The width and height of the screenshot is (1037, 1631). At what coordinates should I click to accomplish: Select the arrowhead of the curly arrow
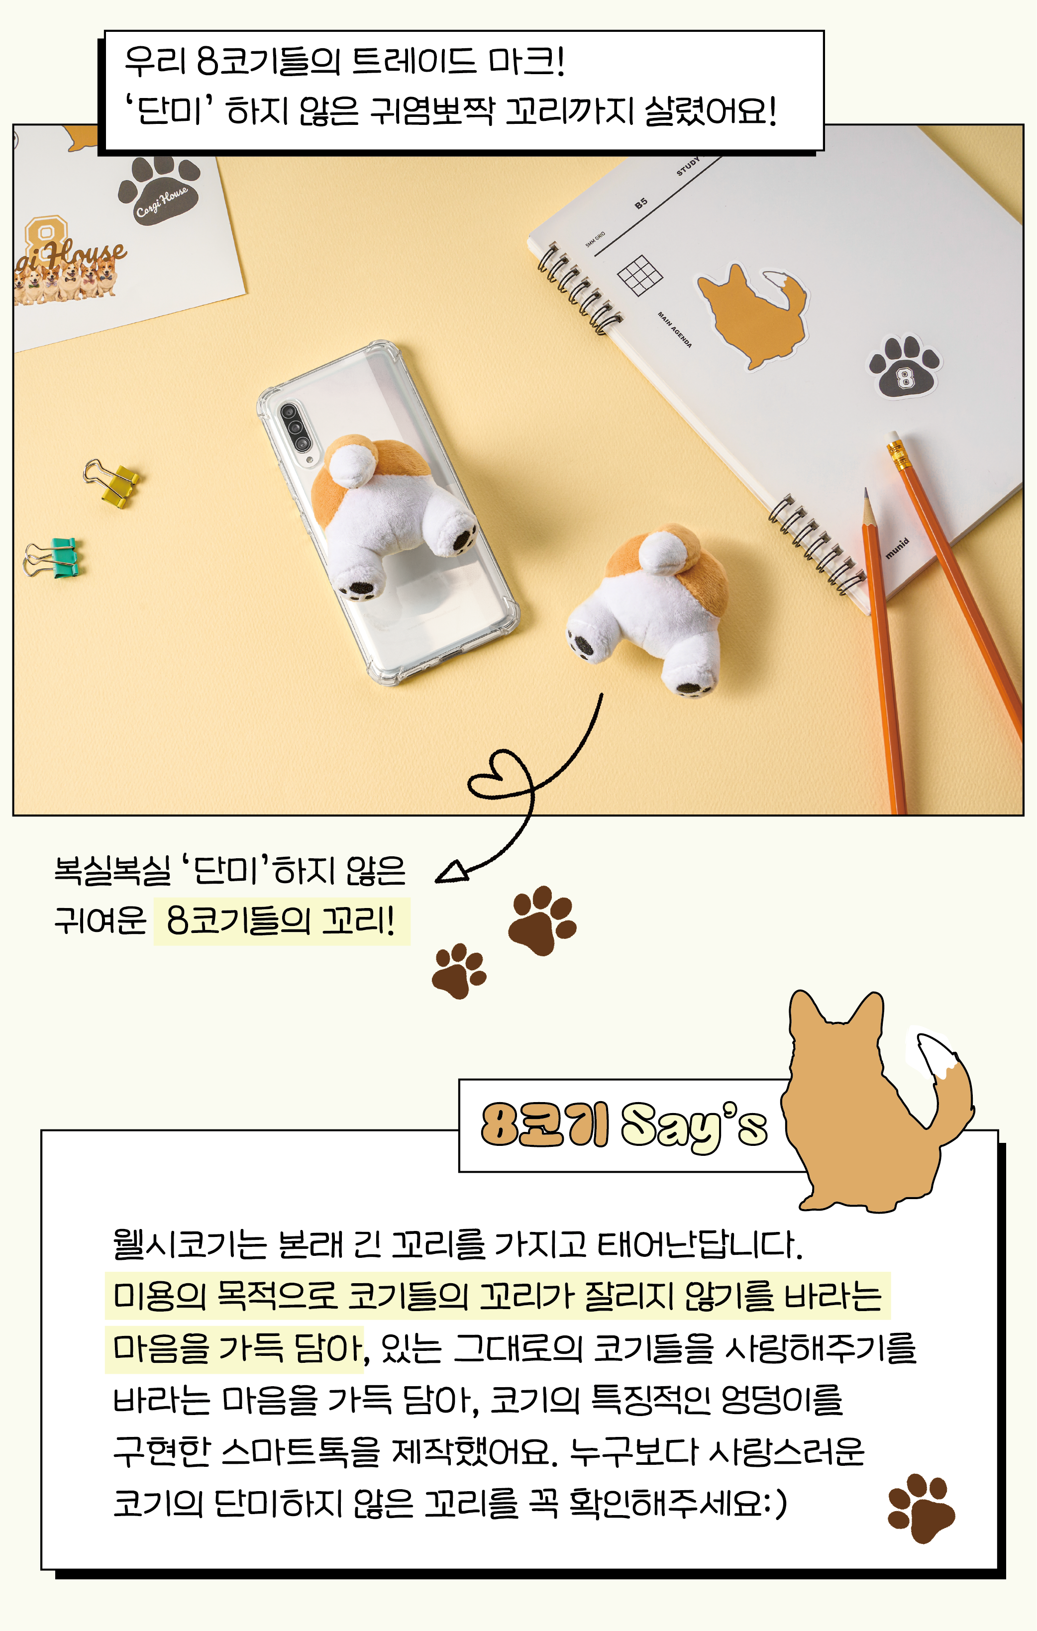pyautogui.click(x=452, y=872)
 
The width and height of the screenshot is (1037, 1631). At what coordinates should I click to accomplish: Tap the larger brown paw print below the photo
pyautogui.click(x=542, y=920)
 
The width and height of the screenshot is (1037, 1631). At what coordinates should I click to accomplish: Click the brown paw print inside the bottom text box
pyautogui.click(x=921, y=1509)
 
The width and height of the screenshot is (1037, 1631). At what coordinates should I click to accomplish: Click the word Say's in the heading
pyautogui.click(x=694, y=1126)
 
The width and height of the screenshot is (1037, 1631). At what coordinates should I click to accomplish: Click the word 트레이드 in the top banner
pyautogui.click(x=413, y=61)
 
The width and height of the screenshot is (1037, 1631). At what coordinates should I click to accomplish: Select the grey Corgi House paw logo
pyautogui.click(x=159, y=190)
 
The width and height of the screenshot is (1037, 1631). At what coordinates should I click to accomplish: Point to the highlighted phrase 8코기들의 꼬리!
pyautogui.click(x=281, y=920)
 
